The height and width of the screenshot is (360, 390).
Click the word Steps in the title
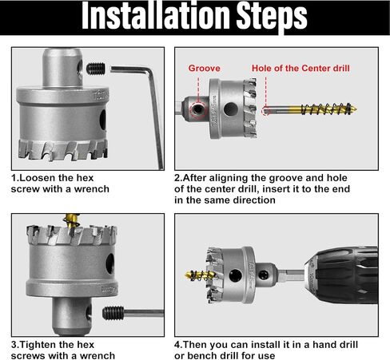coord(272,17)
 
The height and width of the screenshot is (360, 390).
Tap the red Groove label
coord(205,68)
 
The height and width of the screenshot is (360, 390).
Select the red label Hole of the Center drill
coord(300,68)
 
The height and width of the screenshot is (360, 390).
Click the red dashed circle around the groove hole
coord(198,109)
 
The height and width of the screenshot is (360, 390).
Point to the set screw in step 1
coord(96,69)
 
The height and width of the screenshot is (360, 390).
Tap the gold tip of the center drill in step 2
coord(353,109)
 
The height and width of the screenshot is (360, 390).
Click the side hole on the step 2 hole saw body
coord(231,109)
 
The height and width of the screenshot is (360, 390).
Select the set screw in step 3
coord(113,313)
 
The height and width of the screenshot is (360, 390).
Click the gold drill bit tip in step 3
coord(71,220)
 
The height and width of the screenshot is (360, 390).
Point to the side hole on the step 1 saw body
coord(103,120)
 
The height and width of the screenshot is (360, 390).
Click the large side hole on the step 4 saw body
coord(236,275)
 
